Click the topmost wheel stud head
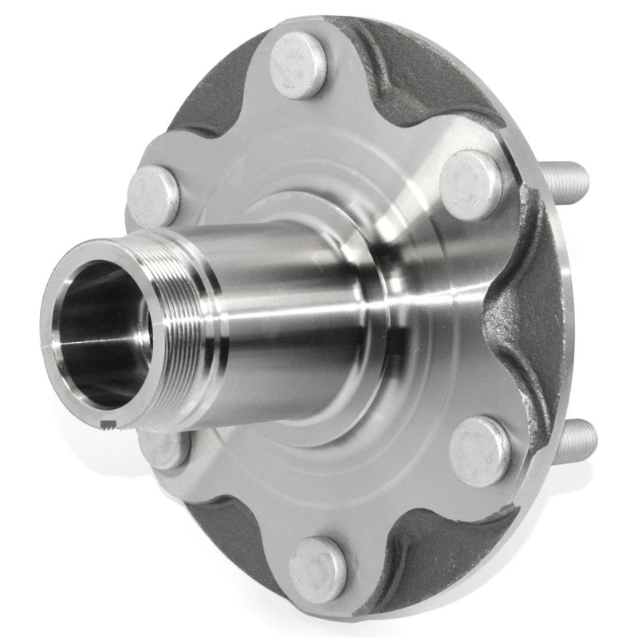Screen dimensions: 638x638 point(297,67)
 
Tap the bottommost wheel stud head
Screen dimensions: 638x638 point(317,568)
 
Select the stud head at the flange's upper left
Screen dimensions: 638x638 point(153,195)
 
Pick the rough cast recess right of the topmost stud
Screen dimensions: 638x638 point(415,72)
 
